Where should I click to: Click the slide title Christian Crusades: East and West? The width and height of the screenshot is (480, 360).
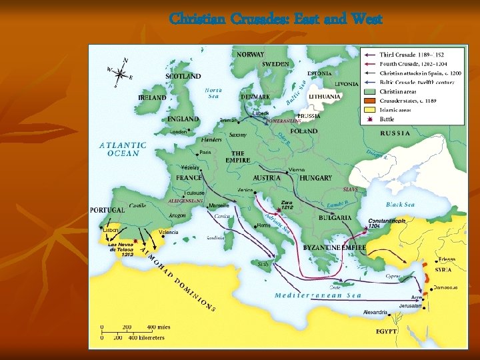tap(275, 19)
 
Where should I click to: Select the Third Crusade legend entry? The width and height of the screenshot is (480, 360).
tap(412, 54)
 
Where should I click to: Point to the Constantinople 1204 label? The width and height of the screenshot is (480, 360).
tap(382, 222)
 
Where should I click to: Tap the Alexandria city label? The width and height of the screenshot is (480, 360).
tap(375, 311)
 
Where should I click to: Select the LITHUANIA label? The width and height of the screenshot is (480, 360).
tap(325, 97)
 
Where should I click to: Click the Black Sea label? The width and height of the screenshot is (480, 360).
tap(400, 205)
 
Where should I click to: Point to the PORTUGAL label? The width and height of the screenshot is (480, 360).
tap(108, 210)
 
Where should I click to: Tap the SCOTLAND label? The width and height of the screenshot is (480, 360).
tap(183, 76)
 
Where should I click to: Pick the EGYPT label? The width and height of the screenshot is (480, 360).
tap(387, 331)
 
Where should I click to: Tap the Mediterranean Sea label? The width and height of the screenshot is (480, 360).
tap(319, 295)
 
